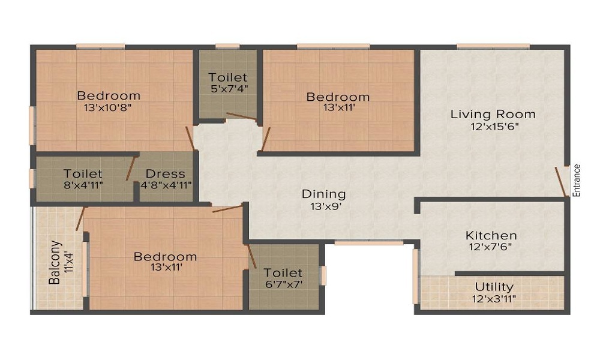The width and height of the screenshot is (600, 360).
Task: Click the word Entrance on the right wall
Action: tap(577, 180)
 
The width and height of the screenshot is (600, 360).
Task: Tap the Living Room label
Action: tap(493, 114)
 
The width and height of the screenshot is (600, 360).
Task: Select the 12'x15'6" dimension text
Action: tap(495, 127)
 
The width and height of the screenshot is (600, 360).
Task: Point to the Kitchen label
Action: tap(491, 235)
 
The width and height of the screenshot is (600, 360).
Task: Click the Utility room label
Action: tap(494, 287)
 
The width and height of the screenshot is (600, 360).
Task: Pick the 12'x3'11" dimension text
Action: tap(494, 299)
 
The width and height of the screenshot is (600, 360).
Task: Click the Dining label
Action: tap(324, 194)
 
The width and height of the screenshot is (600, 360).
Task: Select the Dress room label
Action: tap(166, 173)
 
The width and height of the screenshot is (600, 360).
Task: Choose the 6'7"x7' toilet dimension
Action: tap(284, 284)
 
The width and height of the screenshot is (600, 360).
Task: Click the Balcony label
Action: tap(55, 262)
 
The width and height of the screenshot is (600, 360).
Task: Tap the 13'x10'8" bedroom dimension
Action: tap(107, 107)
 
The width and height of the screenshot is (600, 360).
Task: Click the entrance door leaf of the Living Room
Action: tap(561, 182)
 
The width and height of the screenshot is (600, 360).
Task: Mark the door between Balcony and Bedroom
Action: tap(80, 219)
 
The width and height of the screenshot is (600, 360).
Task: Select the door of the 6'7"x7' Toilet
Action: tap(252, 256)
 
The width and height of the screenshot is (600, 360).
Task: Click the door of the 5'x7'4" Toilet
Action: tap(241, 116)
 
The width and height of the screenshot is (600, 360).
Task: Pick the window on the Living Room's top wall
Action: tap(493, 47)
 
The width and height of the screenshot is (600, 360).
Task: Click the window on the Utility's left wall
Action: tap(416, 276)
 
